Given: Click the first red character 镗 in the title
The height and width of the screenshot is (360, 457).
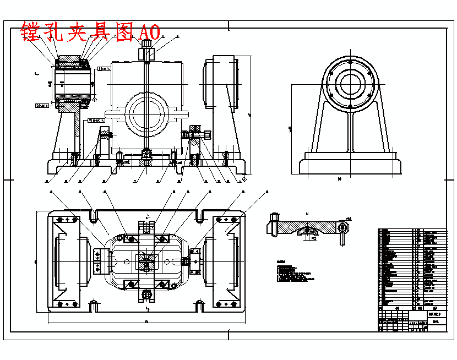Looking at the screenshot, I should tap(31, 31).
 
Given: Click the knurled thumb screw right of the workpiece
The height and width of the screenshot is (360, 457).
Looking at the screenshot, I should tap(207, 134).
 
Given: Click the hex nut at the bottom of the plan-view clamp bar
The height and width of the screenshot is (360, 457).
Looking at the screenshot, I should tap(146, 295).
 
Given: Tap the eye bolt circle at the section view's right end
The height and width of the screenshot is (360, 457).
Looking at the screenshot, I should tap(343, 227).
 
